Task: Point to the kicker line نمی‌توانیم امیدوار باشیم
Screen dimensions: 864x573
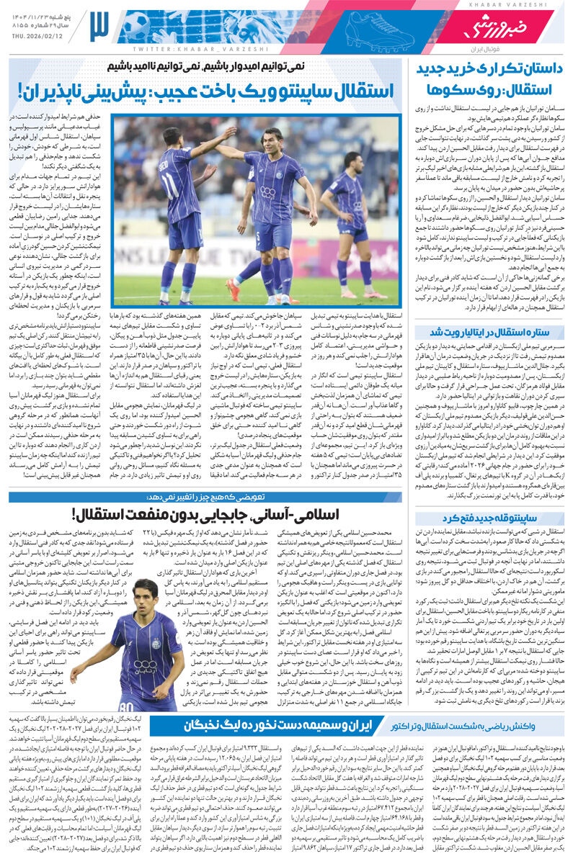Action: click(205, 66)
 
